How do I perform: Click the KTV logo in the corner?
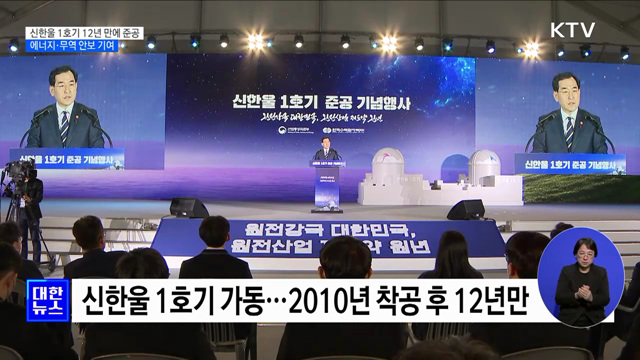pyautogui.click(x=571, y=29)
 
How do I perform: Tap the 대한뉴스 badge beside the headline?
pyautogui.click(x=46, y=300)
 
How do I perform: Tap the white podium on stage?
pyautogui.click(x=326, y=186)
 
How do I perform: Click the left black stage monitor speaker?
pyautogui.click(x=189, y=208)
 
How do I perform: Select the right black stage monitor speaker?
pyautogui.click(x=465, y=209)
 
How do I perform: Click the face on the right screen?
pyautogui.click(x=569, y=96)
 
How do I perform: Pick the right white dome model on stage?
pyautogui.click(x=485, y=165)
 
